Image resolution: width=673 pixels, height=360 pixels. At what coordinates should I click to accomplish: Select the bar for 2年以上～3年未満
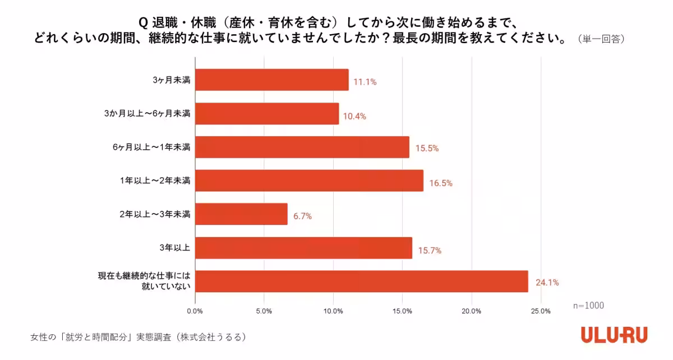[x=241, y=214]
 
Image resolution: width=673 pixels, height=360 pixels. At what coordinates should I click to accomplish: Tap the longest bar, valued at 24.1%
[x=361, y=281]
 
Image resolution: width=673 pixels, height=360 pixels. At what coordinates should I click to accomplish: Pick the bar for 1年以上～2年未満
[x=309, y=181]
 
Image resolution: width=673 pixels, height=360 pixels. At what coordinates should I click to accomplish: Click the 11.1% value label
[x=365, y=82]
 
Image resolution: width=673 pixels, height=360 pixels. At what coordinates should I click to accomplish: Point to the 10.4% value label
[x=354, y=116]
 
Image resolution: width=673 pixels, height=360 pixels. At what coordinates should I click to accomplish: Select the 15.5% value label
[x=426, y=149]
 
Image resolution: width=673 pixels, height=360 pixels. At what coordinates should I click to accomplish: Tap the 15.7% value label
[x=430, y=250]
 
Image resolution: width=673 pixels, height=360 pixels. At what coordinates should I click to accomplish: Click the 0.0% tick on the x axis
[x=195, y=311]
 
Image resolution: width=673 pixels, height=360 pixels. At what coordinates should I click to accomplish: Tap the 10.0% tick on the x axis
[x=333, y=311]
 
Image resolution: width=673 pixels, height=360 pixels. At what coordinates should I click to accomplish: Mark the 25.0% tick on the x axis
[x=541, y=311]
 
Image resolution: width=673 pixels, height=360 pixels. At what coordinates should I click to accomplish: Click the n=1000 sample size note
[x=588, y=306]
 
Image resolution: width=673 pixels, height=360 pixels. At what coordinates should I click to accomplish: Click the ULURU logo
[x=614, y=335]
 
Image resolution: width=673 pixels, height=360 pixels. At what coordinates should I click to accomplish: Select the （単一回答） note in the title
[x=601, y=39]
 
